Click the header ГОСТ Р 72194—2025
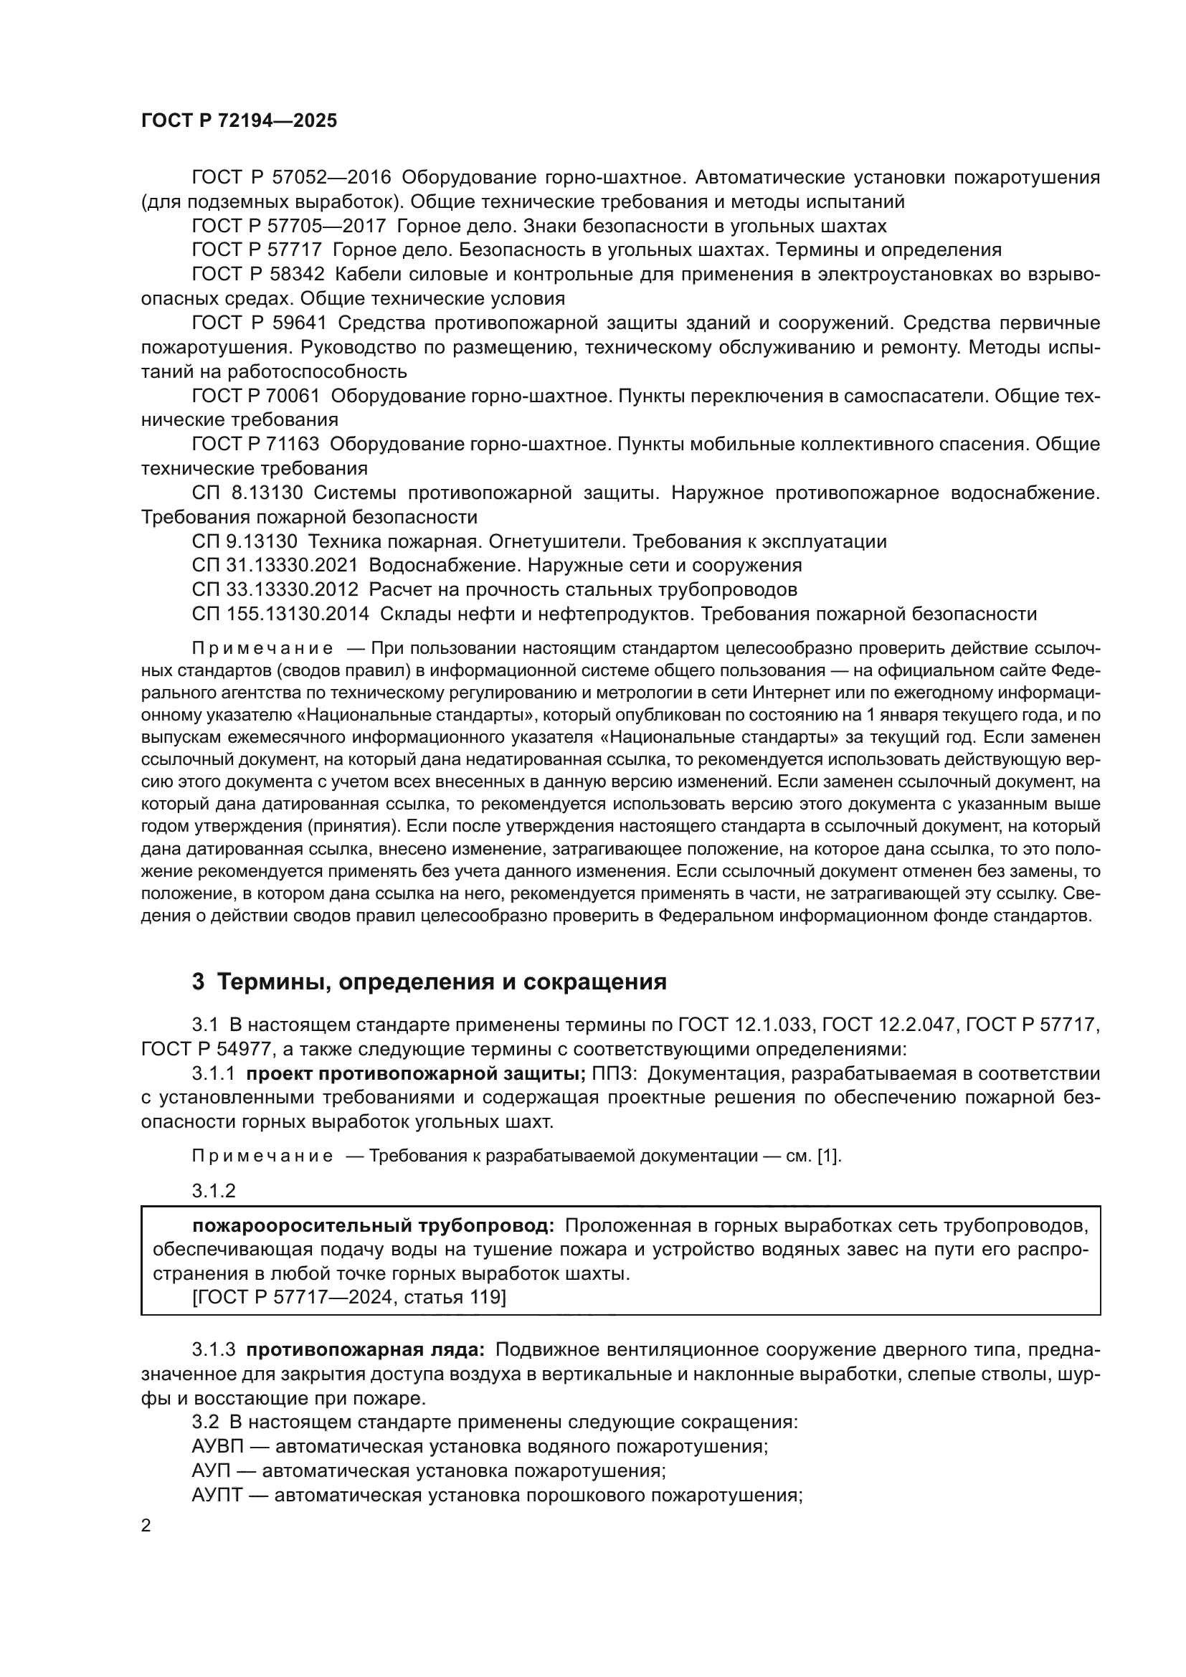click(239, 121)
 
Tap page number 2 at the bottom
click(146, 1526)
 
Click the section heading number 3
click(198, 982)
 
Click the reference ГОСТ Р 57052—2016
click(291, 178)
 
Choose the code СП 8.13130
click(247, 493)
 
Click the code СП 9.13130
click(245, 541)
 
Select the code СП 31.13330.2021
click(275, 565)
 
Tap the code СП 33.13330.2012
click(275, 589)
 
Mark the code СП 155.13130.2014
click(280, 614)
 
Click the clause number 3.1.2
click(214, 1192)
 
